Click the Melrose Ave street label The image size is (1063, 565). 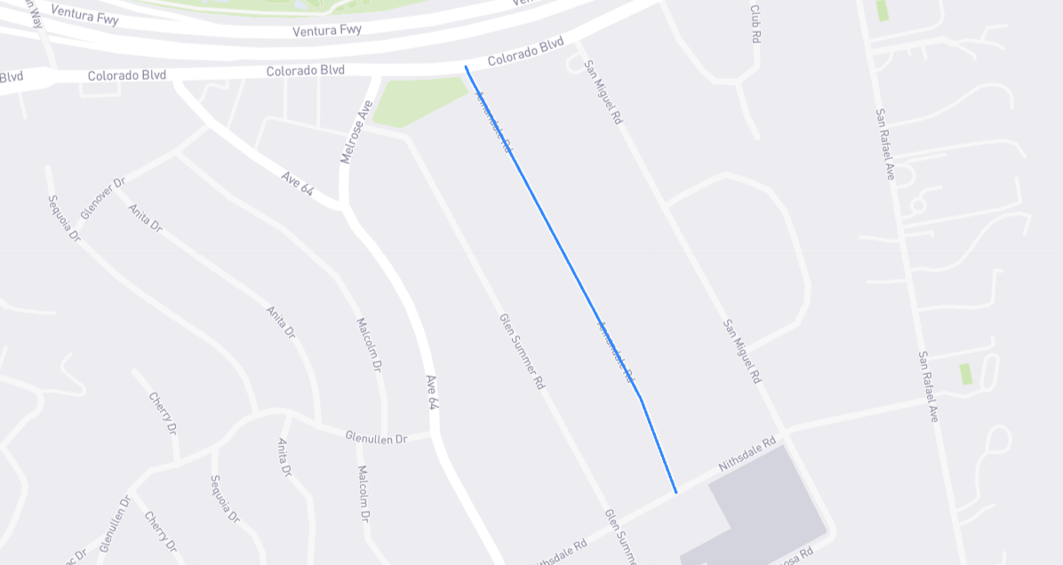click(356, 131)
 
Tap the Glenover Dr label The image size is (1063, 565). click(103, 199)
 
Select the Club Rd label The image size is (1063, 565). click(756, 24)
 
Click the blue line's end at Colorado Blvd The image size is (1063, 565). click(466, 67)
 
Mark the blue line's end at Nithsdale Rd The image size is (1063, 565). click(675, 492)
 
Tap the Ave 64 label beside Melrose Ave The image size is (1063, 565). click(298, 184)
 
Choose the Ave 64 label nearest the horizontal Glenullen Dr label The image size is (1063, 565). click(432, 392)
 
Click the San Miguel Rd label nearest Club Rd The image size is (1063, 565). click(603, 92)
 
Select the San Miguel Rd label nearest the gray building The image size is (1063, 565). click(742, 352)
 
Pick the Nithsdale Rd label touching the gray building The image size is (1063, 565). click(747, 452)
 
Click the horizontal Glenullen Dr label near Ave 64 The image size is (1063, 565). click(376, 437)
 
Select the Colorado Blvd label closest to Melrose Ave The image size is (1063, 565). click(305, 70)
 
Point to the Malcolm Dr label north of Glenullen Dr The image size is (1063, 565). click(369, 345)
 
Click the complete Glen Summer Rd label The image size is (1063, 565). click(522, 352)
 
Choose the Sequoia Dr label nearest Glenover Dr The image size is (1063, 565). click(65, 219)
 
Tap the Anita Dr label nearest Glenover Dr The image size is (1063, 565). click(145, 218)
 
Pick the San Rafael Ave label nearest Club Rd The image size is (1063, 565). click(884, 144)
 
